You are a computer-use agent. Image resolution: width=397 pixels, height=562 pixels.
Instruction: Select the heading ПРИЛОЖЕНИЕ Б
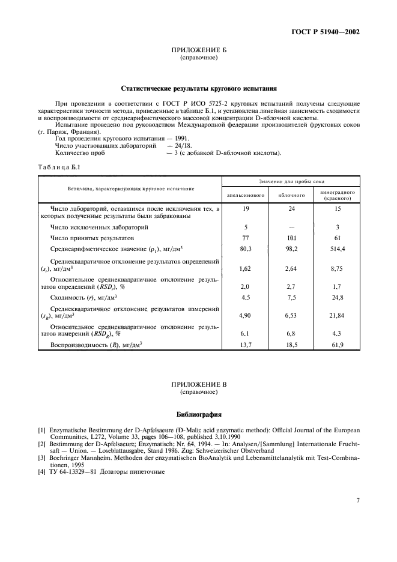pos(198,52)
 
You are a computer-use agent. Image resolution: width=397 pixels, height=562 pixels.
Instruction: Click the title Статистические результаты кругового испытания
pos(198,88)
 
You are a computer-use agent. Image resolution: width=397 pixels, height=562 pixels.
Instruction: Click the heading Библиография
pos(198,414)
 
